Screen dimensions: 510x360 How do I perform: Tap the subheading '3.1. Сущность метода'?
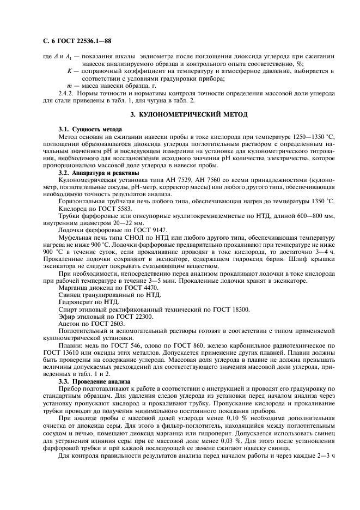tap(84, 130)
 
